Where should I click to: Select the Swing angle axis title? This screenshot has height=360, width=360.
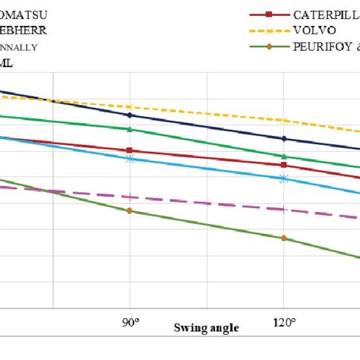coord(206,328)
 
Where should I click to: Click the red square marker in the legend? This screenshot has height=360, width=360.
coord(267,14)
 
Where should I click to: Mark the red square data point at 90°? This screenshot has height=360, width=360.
coord(130,150)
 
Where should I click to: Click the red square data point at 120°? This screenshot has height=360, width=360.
coord(284,165)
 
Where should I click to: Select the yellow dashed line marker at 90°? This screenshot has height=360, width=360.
coord(130,107)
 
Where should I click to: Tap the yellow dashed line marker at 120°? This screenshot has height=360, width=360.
coord(284,121)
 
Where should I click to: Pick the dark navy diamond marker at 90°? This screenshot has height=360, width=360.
coord(130,115)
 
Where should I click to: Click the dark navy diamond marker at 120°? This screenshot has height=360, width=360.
coord(284,138)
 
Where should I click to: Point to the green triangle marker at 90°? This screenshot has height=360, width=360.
coord(130,129)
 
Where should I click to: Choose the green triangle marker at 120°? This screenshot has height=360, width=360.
coord(284,156)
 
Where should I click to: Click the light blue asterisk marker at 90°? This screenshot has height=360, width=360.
coord(130,158)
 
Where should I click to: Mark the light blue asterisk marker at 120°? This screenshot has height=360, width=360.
coord(284,178)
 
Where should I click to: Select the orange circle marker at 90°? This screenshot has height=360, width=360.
coord(130,210)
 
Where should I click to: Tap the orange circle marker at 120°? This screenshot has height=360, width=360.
coord(284,238)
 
